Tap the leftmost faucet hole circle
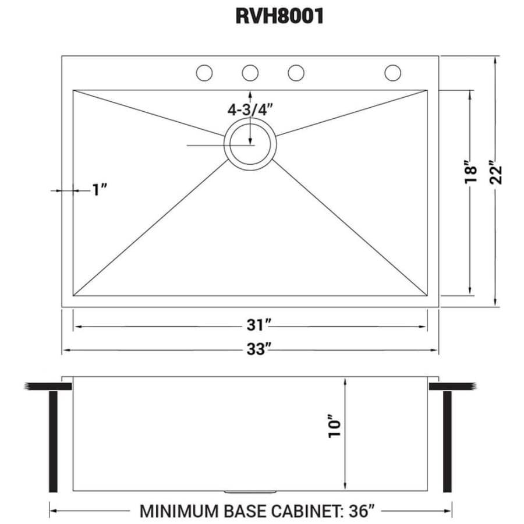204,73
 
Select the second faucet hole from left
250,73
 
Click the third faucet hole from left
296,73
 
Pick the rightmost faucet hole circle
393,73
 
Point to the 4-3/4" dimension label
250,109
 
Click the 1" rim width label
100,190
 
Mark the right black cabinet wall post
448,441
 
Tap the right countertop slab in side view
454,387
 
